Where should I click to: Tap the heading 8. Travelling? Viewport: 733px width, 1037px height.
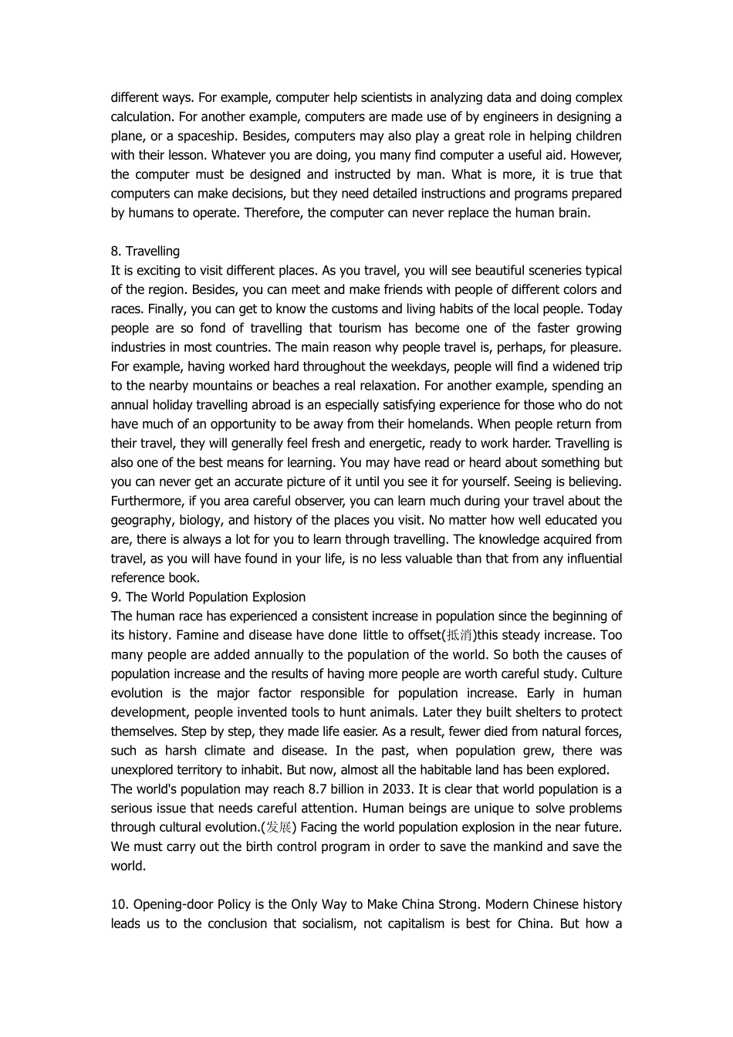coord(145,251)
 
